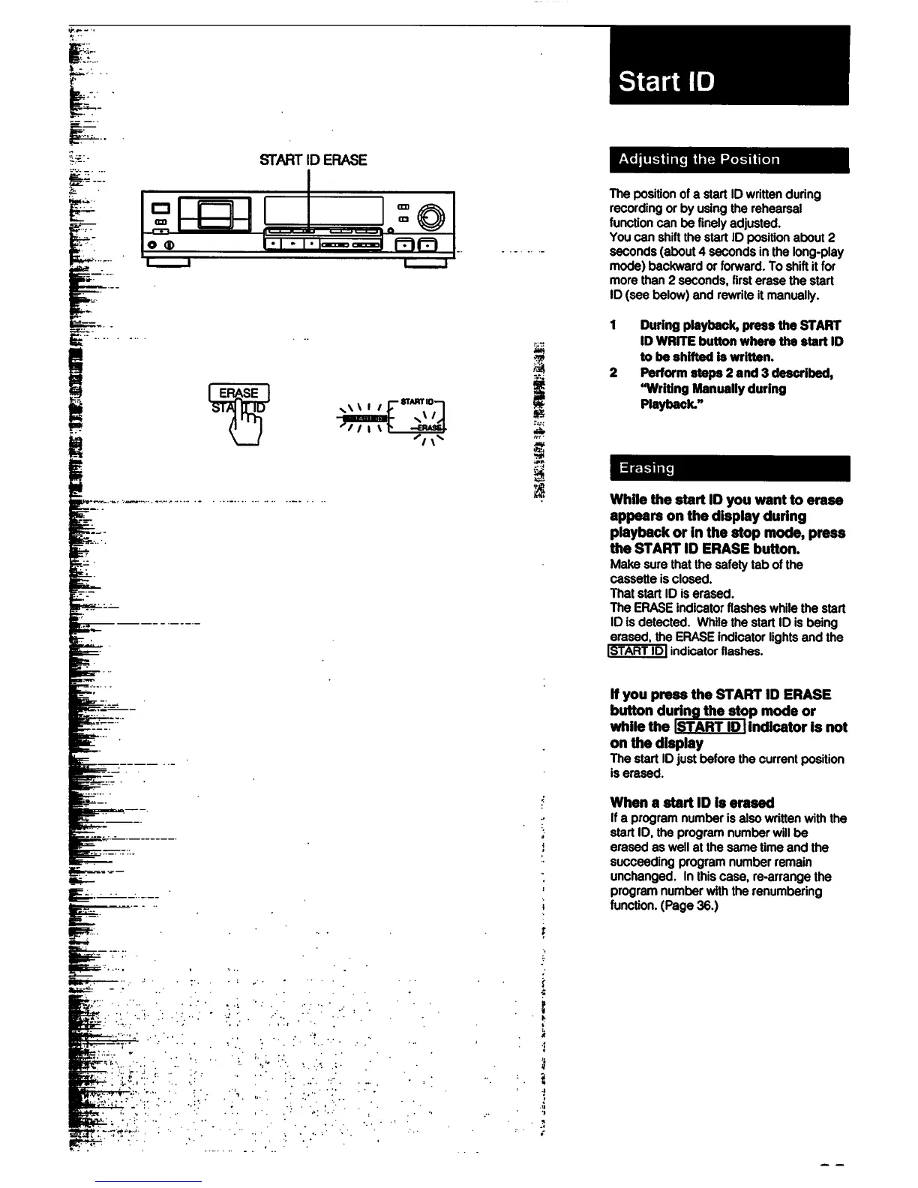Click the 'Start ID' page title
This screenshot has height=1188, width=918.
pos(666,81)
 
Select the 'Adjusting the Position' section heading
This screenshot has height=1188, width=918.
pos(699,160)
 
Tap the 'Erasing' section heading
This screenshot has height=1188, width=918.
pos(646,468)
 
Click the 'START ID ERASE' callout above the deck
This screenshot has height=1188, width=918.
pos(313,160)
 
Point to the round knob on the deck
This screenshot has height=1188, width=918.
pos(431,216)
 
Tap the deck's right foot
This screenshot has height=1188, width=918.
pos(425,262)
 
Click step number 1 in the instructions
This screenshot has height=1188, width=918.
pos(613,325)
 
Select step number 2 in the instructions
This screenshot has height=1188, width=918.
pos(613,373)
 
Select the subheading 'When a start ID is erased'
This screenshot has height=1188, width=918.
pos(691,802)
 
